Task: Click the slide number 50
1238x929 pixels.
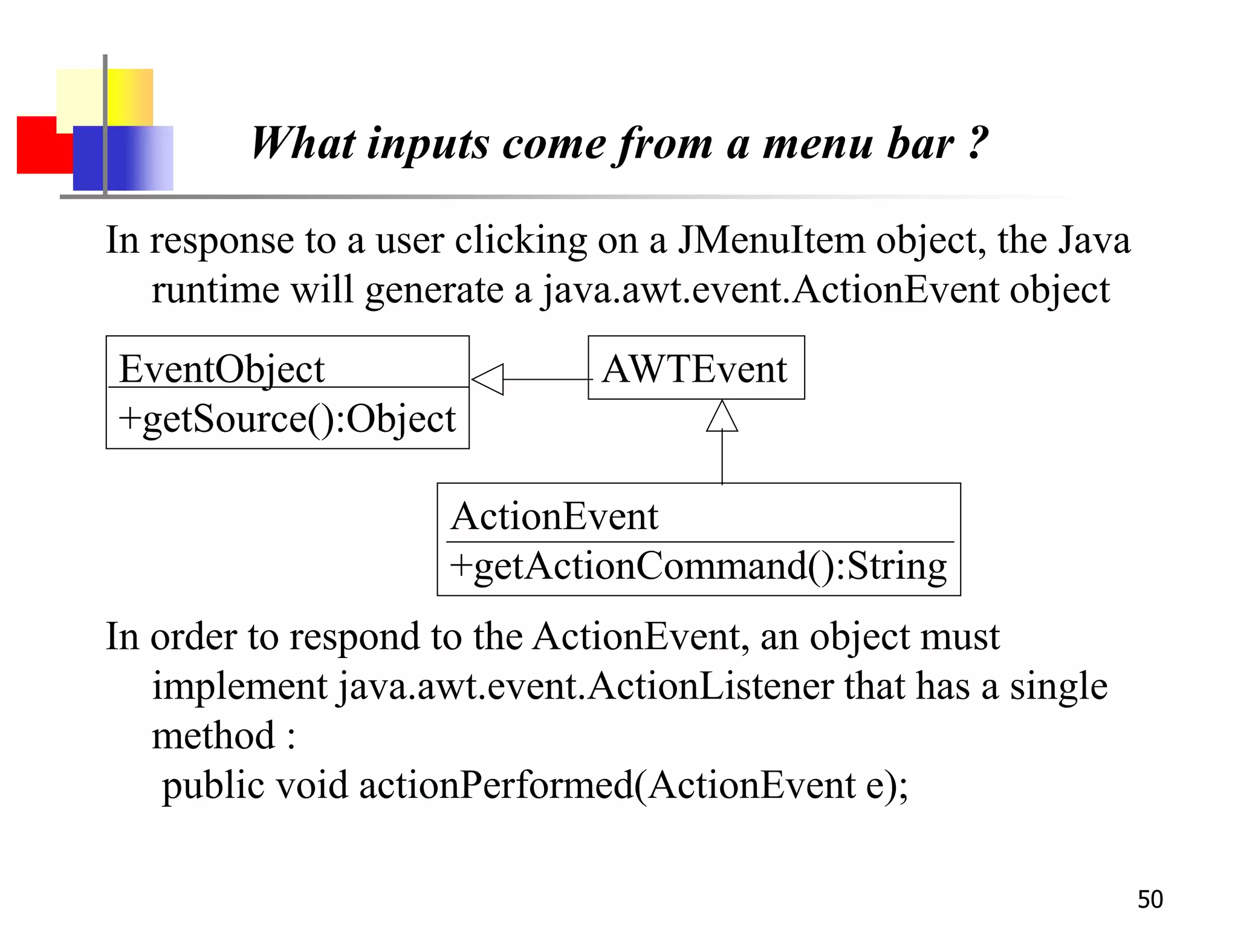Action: [x=1150, y=899]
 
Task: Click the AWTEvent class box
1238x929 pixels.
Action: [x=695, y=368]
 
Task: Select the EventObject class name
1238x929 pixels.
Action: [x=222, y=368]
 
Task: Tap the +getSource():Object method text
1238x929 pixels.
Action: [x=287, y=419]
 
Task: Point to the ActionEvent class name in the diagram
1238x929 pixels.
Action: [x=554, y=517]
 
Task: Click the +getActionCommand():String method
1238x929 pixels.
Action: [x=698, y=566]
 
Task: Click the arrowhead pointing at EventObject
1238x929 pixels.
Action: [x=487, y=379]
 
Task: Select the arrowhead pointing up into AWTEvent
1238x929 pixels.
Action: [x=722, y=417]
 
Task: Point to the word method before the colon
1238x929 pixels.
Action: [x=213, y=736]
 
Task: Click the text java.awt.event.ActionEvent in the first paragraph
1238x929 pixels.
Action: [x=770, y=290]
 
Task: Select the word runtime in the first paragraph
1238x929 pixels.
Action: [x=215, y=290]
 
